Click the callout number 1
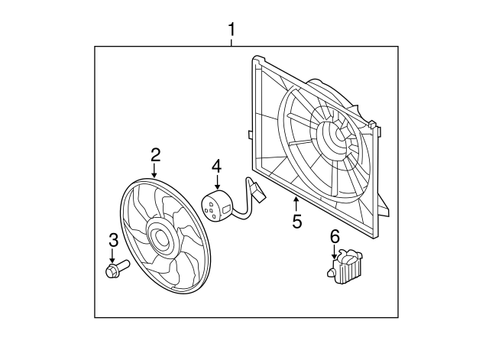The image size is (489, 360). [232, 31]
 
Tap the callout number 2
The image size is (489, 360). [155, 154]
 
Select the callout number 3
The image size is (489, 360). [113, 240]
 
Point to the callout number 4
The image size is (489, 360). [216, 166]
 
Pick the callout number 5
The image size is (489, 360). [296, 222]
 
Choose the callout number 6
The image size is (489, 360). [334, 237]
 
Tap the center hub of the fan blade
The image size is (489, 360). [161, 238]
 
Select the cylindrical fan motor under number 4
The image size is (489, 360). [215, 206]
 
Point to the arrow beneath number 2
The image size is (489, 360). [155, 171]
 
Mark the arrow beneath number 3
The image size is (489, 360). [113, 255]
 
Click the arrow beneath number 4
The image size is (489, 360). [216, 182]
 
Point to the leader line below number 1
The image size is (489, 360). [232, 42]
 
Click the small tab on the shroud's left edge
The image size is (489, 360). [251, 135]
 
